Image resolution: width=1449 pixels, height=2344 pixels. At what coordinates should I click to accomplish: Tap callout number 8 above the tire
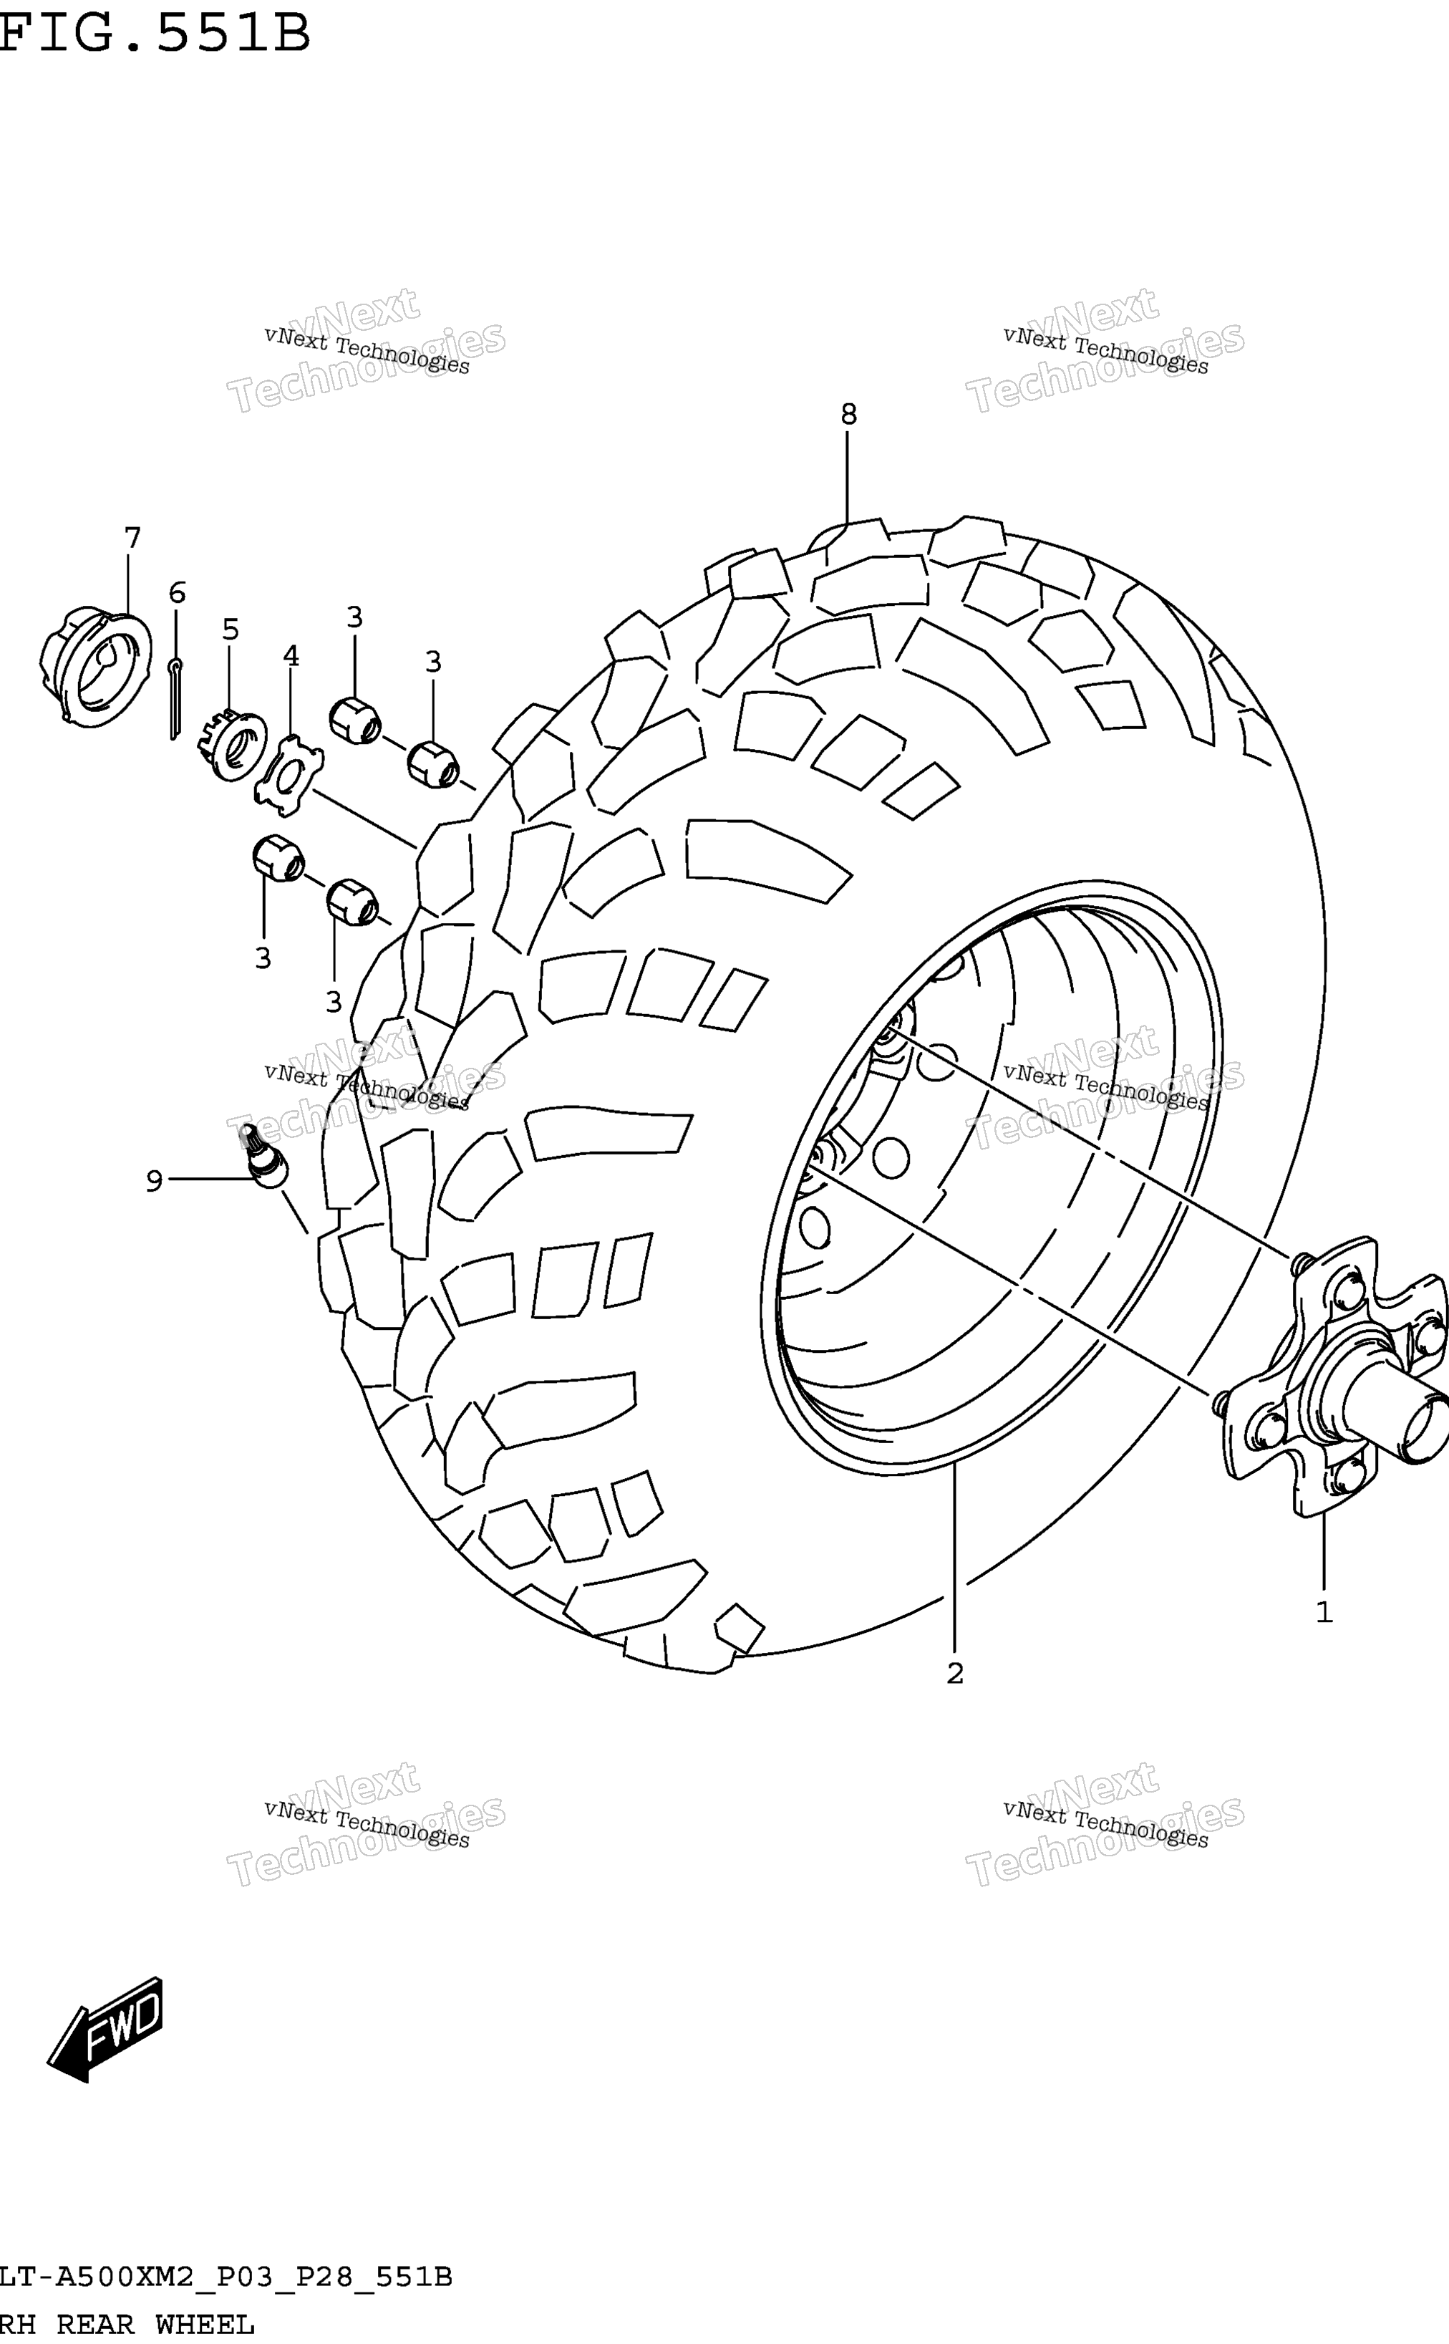[x=848, y=414]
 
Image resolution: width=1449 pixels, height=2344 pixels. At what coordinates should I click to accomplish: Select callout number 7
[x=132, y=538]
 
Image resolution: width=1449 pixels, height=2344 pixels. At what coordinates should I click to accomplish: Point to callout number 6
[x=178, y=592]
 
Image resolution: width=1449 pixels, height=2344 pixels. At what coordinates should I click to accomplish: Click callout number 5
[x=230, y=630]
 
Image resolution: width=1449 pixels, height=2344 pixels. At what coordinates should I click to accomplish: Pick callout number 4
[x=291, y=656]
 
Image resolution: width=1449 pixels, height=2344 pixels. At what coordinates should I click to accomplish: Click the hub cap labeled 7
[x=95, y=666]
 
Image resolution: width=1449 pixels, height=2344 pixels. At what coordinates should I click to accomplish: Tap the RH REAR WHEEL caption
[x=127, y=2325]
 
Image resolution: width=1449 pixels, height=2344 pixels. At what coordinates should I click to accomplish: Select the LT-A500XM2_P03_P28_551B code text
[x=226, y=2277]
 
